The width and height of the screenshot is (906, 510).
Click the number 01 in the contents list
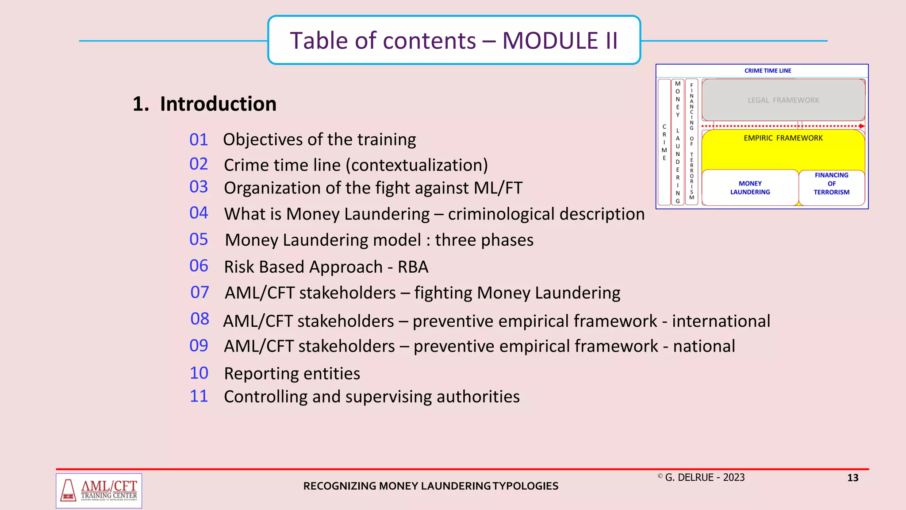coord(199,140)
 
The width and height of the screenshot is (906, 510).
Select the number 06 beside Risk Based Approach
coord(199,266)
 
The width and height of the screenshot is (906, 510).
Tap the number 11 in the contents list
coord(199,396)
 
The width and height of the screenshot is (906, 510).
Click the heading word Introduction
coord(218,104)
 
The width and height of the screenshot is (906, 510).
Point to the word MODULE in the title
coord(550,41)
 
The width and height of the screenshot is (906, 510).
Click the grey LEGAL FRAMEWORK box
coord(783,100)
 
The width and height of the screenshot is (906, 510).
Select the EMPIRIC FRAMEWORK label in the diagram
coord(783,138)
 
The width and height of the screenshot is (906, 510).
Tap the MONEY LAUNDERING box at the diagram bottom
coord(750,188)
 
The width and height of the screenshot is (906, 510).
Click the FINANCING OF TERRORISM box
coord(831,184)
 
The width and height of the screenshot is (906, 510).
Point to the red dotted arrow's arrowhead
coord(861,126)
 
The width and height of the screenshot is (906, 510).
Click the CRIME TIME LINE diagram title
coord(768,71)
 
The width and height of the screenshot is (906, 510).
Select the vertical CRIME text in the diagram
coord(664,142)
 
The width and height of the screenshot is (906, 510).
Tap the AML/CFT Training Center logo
coord(99,491)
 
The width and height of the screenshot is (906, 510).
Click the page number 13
coord(852,478)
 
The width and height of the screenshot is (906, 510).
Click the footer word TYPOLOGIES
coord(526,486)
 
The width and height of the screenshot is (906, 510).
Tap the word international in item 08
coord(721,321)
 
